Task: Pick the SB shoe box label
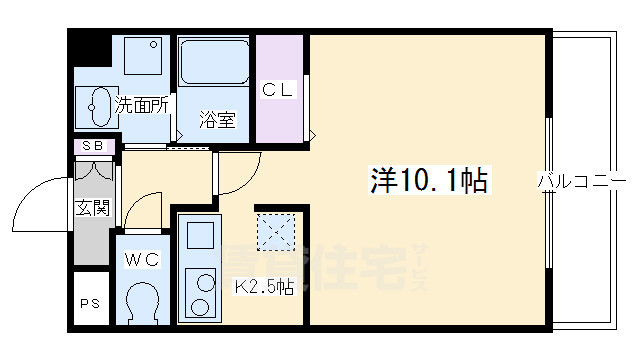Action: tap(92, 146)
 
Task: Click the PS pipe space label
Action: tap(89, 304)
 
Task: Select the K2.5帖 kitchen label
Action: tap(263, 288)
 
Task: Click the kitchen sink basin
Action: tap(200, 235)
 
